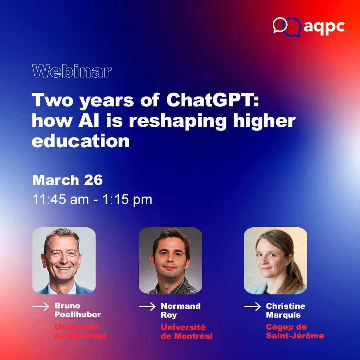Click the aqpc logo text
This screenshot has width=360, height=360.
[324, 27]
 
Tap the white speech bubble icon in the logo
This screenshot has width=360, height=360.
[280, 25]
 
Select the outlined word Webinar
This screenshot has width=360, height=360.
[72, 71]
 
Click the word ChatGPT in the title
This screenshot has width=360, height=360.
[213, 100]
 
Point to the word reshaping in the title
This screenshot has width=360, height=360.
[178, 121]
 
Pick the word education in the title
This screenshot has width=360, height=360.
[80, 141]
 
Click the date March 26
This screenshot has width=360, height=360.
[68, 180]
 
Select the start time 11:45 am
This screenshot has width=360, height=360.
[61, 199]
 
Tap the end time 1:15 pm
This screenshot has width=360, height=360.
[127, 199]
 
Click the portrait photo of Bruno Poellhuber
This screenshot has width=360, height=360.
[64, 260]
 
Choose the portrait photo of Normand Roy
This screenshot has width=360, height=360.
[170, 260]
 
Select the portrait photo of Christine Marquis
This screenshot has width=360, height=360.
[276, 260]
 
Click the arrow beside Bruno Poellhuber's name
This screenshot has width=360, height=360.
[41, 306]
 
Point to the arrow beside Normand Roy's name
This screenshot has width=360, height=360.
[147, 306]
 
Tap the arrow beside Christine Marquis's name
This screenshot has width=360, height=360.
[252, 306]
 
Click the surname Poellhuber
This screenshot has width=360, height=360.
[78, 314]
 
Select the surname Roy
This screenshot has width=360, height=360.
[169, 315]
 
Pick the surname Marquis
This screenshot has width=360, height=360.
[283, 315]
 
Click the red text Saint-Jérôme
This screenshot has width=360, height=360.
[295, 336]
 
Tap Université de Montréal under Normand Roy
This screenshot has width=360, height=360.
[187, 332]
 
